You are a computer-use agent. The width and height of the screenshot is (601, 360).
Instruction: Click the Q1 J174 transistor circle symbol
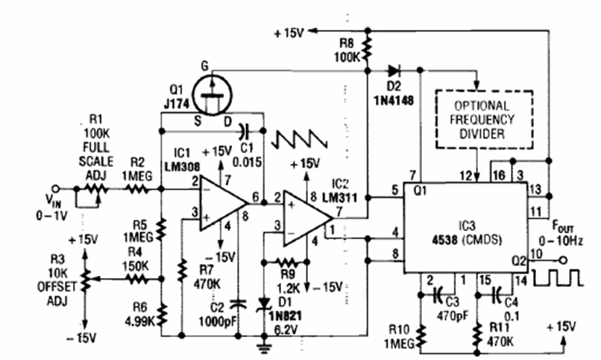214,92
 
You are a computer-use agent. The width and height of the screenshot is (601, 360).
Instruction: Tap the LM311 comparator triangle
306,218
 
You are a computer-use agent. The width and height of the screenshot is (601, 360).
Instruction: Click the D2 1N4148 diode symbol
394,71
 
